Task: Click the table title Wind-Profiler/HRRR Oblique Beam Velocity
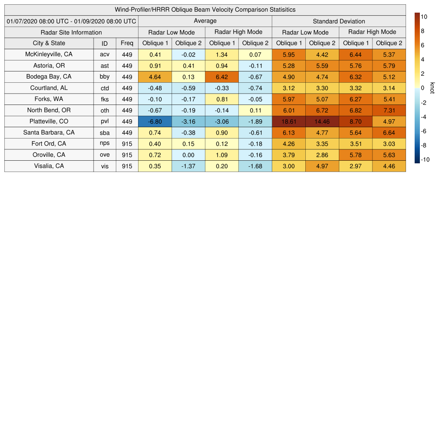205,10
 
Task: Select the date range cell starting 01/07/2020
71,21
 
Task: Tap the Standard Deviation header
339,21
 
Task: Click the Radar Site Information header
71,32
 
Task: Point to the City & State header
49,43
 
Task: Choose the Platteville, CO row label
49,122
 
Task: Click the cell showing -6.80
155,122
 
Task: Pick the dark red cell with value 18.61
289,122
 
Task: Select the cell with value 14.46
322,122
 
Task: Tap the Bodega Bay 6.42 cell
222,77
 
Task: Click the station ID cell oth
105,111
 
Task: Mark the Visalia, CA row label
49,166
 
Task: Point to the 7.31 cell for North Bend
389,111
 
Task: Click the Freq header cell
127,43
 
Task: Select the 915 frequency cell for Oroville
127,155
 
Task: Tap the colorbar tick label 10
424,17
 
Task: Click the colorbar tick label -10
425,159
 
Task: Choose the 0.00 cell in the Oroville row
189,155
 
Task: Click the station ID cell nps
105,144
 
